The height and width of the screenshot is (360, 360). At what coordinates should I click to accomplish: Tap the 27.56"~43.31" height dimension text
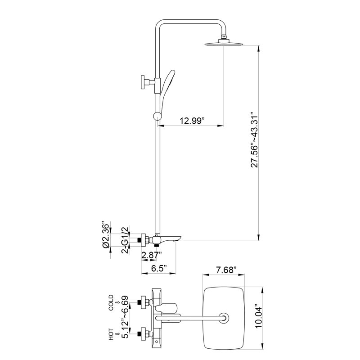255,139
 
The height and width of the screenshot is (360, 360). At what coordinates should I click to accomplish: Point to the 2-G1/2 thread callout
125,240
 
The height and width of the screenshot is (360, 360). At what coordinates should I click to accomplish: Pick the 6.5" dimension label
159,268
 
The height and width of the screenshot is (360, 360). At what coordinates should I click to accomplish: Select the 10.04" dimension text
258,317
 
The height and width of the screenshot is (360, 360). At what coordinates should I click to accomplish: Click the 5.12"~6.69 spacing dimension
125,317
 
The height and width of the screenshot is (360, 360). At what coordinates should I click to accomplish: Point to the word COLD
111,302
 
